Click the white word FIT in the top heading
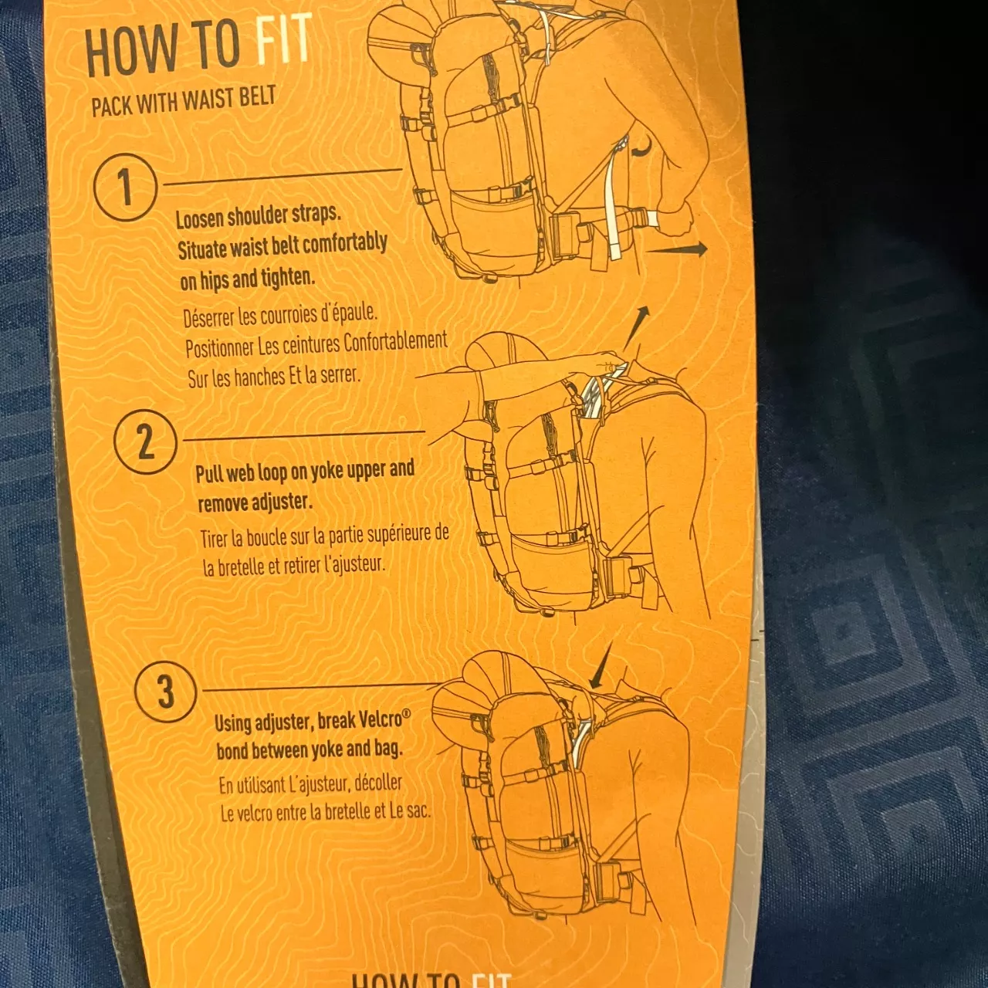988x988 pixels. tap(283, 39)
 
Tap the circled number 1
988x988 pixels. tap(126, 188)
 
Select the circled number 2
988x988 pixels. tap(146, 442)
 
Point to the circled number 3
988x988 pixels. tap(166, 692)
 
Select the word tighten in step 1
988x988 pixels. tap(288, 277)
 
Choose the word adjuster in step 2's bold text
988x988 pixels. tap(283, 501)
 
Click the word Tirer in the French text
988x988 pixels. tap(213, 540)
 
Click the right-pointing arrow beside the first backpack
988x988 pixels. tap(677, 249)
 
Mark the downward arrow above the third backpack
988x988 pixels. tap(601, 665)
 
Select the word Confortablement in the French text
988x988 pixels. tap(394, 341)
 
